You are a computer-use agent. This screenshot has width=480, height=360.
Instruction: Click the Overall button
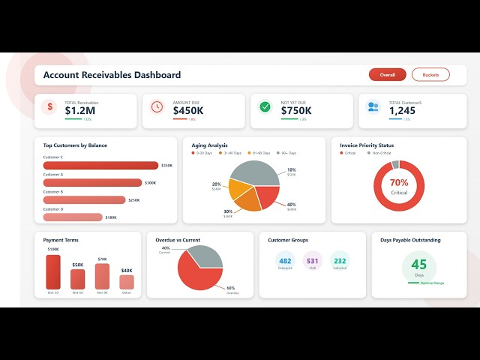pos(387,74)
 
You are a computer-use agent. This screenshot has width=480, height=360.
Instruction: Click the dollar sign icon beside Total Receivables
pos(49,106)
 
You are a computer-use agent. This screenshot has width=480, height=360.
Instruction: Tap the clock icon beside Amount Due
pos(157,106)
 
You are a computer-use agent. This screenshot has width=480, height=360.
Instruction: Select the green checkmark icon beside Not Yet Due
pos(265,106)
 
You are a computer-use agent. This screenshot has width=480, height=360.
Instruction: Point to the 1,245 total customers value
pos(401,110)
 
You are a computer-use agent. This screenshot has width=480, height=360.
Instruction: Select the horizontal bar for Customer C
pos(100,166)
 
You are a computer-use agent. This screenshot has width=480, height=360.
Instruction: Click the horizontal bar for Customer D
pos(73,217)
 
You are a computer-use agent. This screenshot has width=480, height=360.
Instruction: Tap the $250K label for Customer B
pos(133,200)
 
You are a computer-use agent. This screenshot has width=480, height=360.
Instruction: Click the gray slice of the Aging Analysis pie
pos(253,172)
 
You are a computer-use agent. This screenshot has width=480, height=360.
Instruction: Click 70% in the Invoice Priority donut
pos(399,183)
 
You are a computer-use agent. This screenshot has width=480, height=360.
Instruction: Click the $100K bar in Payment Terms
pos(53,272)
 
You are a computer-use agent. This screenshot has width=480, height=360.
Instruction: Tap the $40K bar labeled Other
pos(127,282)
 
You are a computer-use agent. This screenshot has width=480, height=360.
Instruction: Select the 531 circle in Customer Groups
pos(312,261)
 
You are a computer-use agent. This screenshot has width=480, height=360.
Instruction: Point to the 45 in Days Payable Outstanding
pos(418,265)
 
